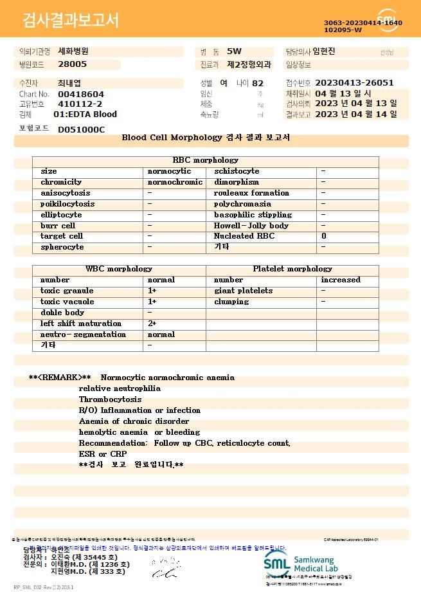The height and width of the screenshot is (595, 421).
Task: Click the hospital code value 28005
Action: pyautogui.click(x=72, y=64)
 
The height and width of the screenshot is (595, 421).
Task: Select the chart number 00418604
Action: pyautogui.click(x=81, y=94)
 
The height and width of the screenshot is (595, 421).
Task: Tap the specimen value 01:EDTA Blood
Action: pyautogui.click(x=85, y=114)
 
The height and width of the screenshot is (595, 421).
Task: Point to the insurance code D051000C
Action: pyautogui.click(x=81, y=129)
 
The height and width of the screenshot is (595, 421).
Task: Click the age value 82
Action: pyautogui.click(x=258, y=83)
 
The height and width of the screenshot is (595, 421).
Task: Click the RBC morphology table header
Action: pyautogui.click(x=206, y=160)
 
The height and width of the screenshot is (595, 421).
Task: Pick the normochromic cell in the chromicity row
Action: pyautogui.click(x=175, y=182)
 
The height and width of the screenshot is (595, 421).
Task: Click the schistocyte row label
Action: pyautogui.click(x=237, y=171)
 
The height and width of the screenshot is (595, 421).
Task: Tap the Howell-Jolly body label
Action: pyautogui.click(x=251, y=226)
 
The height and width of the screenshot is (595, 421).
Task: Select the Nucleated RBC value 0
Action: pyautogui.click(x=324, y=237)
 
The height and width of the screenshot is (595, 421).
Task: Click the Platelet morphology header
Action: pyautogui.click(x=292, y=269)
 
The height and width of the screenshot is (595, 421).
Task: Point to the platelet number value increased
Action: pyautogui.click(x=341, y=280)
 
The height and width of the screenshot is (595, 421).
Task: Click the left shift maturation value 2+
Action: pyautogui.click(x=152, y=324)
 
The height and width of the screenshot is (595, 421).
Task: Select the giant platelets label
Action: pyautogui.click(x=243, y=291)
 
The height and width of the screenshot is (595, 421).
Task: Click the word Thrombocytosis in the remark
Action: pyautogui.click(x=110, y=399)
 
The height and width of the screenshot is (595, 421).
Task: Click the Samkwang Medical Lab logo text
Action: pyautogui.click(x=316, y=562)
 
